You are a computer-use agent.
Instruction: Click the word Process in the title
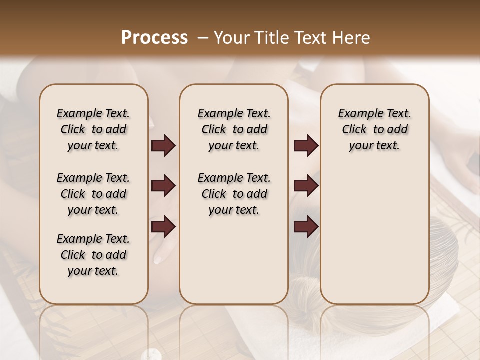click(154, 38)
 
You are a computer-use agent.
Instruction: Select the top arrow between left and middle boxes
click(163, 146)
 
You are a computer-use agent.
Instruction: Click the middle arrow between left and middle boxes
click(163, 186)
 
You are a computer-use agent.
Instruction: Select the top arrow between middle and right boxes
click(306, 146)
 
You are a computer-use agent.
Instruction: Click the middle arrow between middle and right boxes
click(306, 186)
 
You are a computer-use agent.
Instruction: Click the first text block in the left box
click(93, 129)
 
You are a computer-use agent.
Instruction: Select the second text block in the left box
click(93, 194)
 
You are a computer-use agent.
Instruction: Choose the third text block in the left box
click(93, 255)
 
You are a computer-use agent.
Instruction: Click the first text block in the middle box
click(234, 129)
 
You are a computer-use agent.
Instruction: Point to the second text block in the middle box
click(234, 194)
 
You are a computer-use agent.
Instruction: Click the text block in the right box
click(374, 129)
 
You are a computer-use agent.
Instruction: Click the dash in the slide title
click(203, 38)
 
